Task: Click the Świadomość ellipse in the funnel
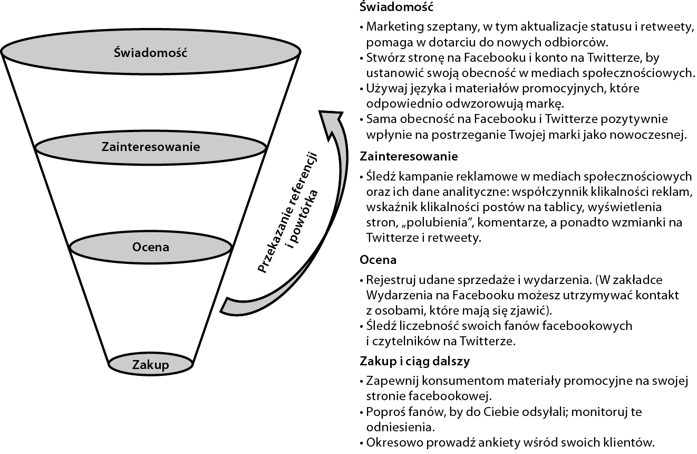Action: click(x=151, y=53)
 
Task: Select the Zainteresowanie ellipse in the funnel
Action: click(x=151, y=147)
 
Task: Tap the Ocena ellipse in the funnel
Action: click(x=151, y=247)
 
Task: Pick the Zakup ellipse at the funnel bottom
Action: click(x=151, y=365)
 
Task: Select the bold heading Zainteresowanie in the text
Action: click(x=408, y=156)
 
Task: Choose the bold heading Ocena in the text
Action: click(x=377, y=260)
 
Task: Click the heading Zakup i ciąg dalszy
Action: click(x=414, y=361)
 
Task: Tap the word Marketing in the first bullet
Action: click(x=392, y=26)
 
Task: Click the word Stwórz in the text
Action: click(x=383, y=57)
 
